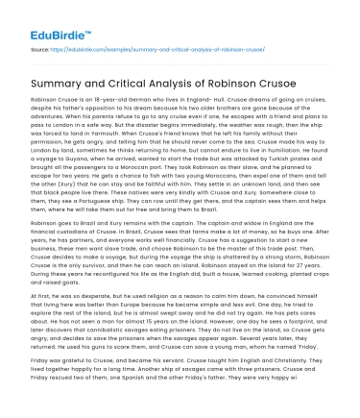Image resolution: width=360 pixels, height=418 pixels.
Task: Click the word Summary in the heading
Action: pyautogui.click(x=62, y=83)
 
